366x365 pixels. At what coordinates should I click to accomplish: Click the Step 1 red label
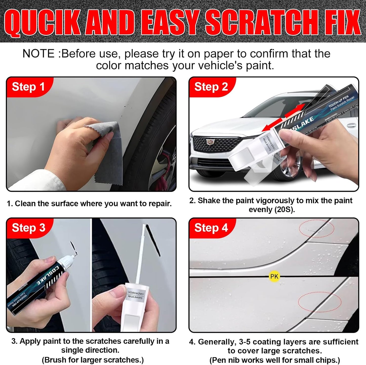tap(28, 87)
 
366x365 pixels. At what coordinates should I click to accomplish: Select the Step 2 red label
tap(211, 87)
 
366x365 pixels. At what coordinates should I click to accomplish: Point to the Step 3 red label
tap(28, 228)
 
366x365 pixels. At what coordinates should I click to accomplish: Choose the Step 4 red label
tap(211, 228)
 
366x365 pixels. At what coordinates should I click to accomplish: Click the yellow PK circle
tap(274, 276)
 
